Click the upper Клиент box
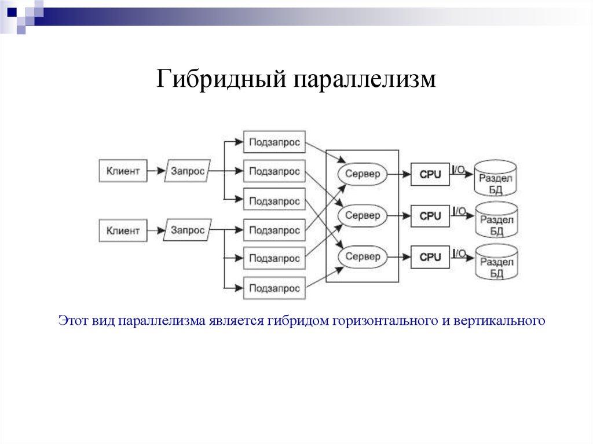point(123,171)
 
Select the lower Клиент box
point(123,230)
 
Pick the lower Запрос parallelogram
point(188,230)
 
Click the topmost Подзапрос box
point(274,142)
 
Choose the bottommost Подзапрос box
point(274,288)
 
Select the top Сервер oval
point(363,173)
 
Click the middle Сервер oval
point(363,215)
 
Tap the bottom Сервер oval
point(363,256)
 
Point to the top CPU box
point(430,174)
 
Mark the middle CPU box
point(430,216)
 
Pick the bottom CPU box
point(430,257)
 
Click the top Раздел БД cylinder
point(496,178)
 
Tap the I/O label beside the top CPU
point(459,170)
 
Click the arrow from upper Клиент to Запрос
point(156,171)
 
